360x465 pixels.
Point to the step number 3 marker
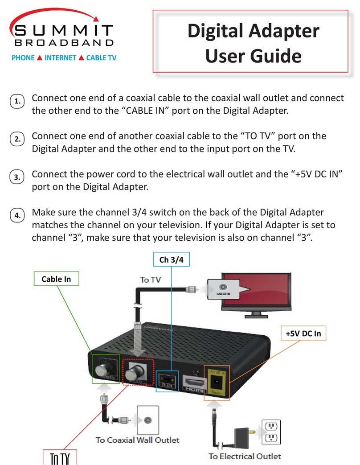(17, 178)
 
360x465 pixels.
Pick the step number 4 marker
(17, 216)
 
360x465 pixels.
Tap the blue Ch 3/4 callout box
(171, 260)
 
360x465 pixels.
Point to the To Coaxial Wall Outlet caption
(137, 440)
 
